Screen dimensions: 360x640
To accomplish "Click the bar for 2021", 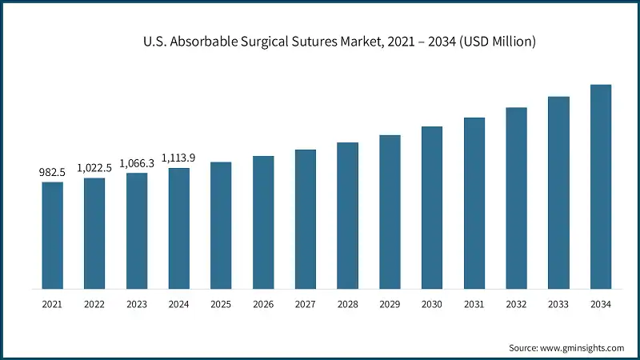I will pyautogui.click(x=52, y=235).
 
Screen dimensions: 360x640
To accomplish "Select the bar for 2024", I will pyautogui.click(x=179, y=228).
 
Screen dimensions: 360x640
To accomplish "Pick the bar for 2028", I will pyautogui.click(x=347, y=215).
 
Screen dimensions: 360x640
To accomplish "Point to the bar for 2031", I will pyautogui.click(x=474, y=203).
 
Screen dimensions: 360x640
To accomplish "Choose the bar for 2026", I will pyautogui.click(x=263, y=222).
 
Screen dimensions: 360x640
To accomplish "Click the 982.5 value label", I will pyautogui.click(x=52, y=172).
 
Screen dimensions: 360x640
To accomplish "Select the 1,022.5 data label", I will pyautogui.click(x=94, y=168).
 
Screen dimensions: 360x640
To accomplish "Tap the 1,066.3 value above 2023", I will pyautogui.click(x=137, y=163).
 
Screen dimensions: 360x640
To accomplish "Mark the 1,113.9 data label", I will pyautogui.click(x=179, y=158).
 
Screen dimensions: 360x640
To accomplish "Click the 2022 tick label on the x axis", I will pyautogui.click(x=94, y=305).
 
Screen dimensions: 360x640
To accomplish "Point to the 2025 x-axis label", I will pyautogui.click(x=221, y=305).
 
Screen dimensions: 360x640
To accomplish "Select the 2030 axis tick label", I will pyautogui.click(x=432, y=305).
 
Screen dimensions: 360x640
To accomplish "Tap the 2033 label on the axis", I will pyautogui.click(x=558, y=305).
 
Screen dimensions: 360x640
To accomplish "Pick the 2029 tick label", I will pyautogui.click(x=390, y=305).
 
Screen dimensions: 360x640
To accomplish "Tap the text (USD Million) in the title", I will pyautogui.click(x=499, y=41).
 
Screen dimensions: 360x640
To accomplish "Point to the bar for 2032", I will pyautogui.click(x=516, y=198).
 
